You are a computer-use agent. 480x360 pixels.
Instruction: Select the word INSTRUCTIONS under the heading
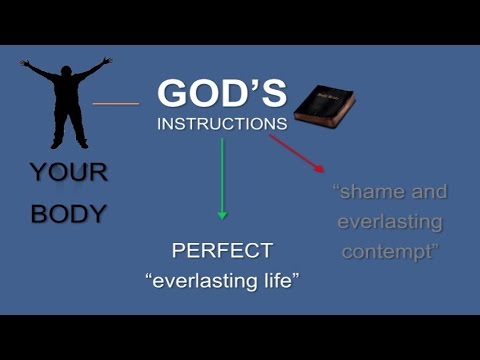pos(222,125)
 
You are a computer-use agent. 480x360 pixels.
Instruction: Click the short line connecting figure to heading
pos(116,102)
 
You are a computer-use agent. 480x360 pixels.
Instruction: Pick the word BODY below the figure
pos(68,213)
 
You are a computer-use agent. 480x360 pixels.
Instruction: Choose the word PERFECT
pos(222,250)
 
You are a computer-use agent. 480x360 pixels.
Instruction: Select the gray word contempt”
pos(390,251)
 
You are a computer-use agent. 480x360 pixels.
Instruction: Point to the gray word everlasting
pos(390,221)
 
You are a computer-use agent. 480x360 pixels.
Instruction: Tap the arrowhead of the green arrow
pos(222,214)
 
